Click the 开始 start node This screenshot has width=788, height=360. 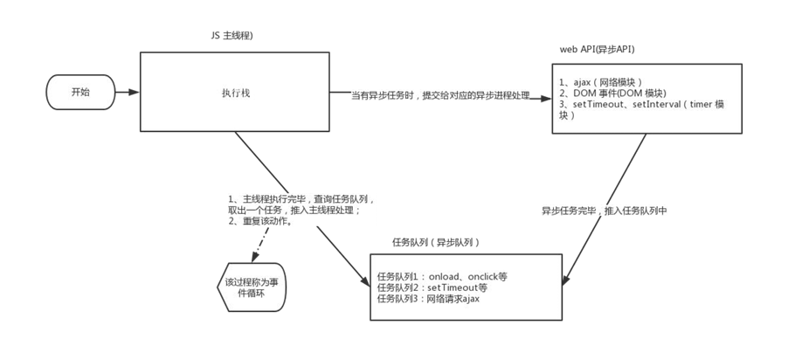(x=79, y=91)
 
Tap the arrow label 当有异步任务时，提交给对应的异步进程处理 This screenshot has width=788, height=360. (x=440, y=94)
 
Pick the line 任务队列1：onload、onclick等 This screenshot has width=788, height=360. (x=442, y=276)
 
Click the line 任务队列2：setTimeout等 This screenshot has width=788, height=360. (x=432, y=287)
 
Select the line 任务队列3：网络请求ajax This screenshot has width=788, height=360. (x=428, y=299)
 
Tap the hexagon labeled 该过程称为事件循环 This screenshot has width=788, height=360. (x=250, y=287)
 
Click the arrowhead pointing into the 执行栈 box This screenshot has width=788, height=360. (x=135, y=91)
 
